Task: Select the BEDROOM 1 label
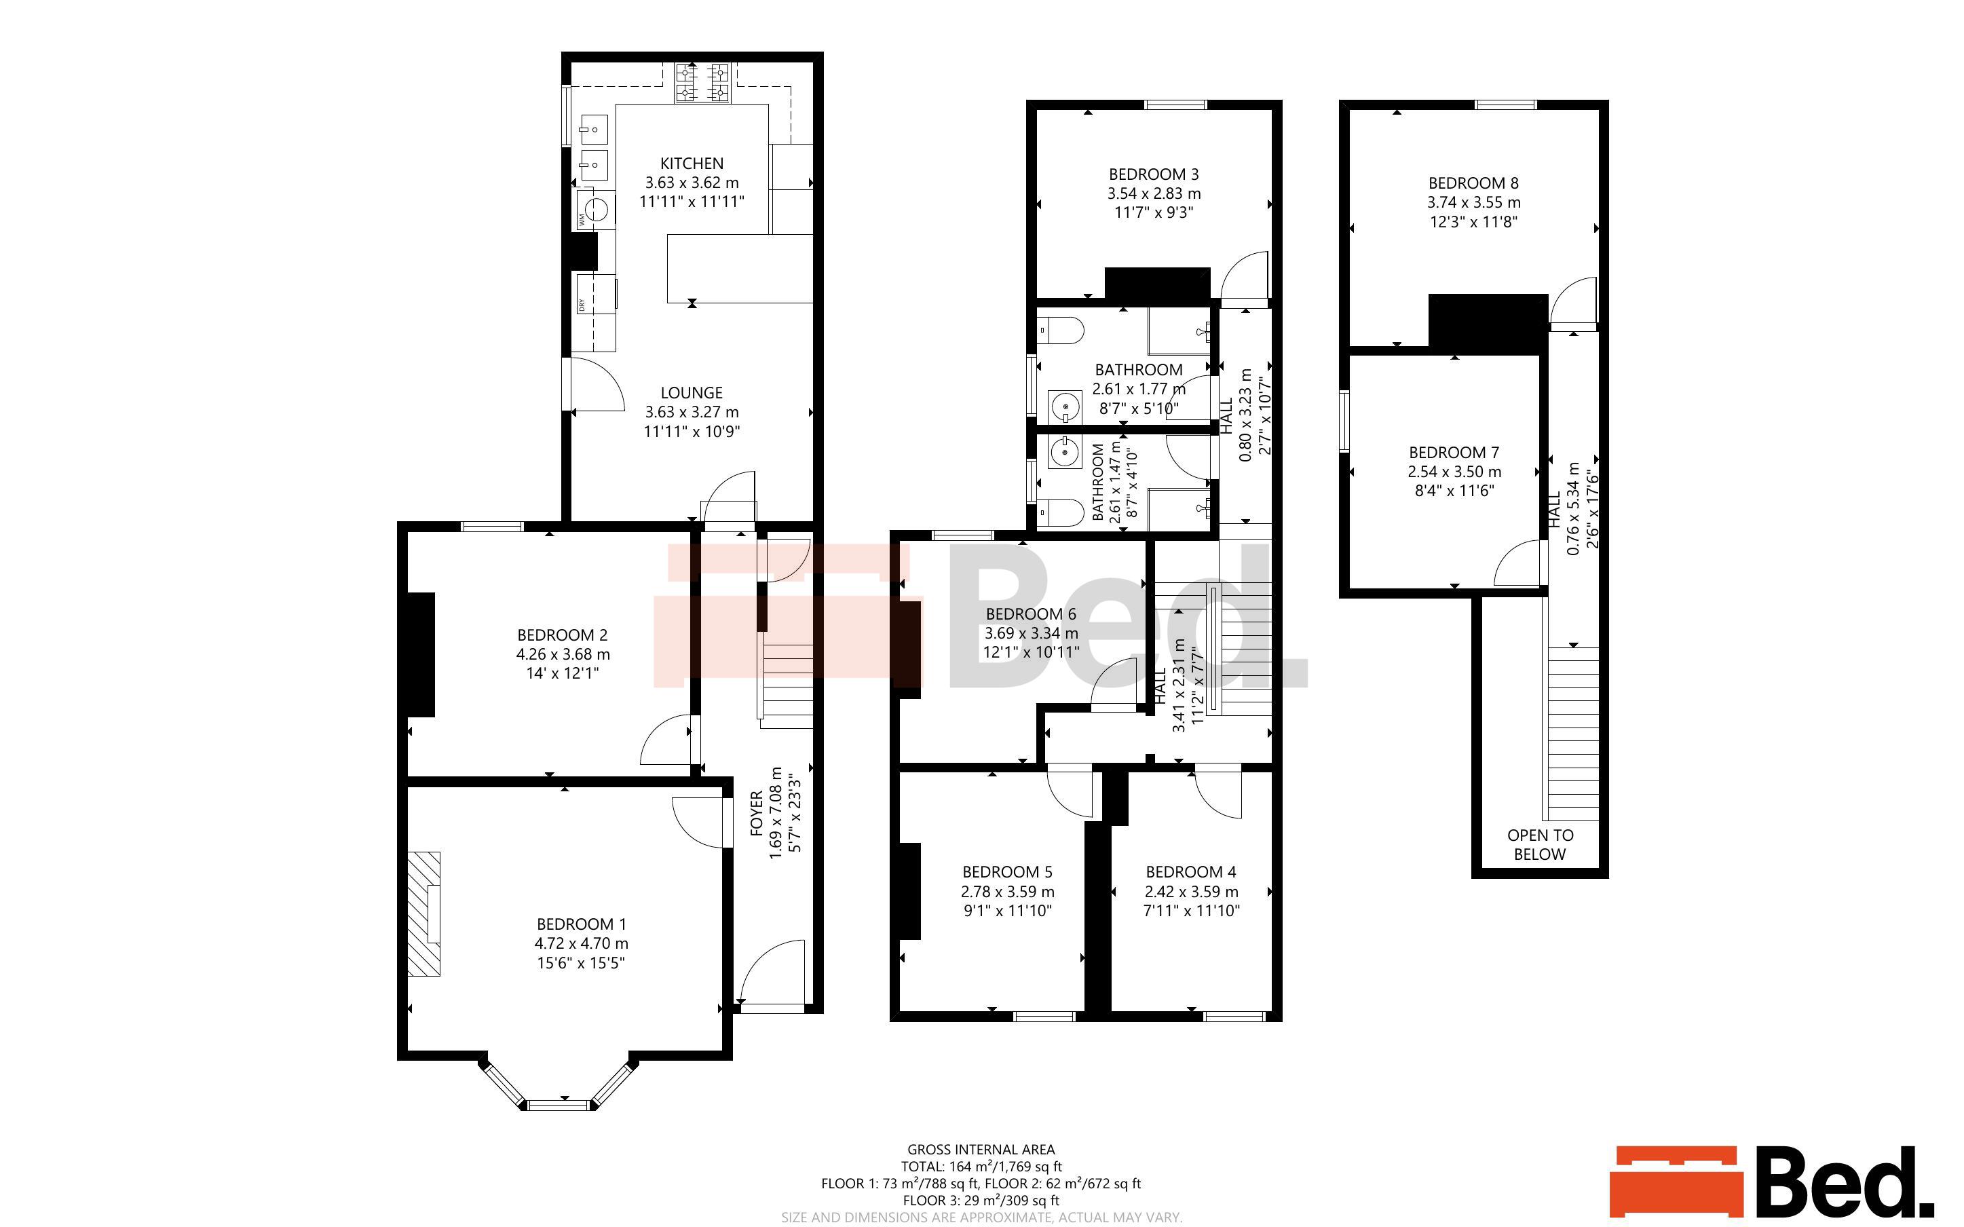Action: coord(581,924)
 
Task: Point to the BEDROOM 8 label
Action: coord(1473,183)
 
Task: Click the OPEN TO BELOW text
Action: coord(1540,845)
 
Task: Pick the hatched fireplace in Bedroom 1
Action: coord(423,913)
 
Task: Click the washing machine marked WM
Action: coord(595,210)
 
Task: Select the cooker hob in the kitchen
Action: coord(702,83)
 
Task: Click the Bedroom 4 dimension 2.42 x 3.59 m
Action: coord(1191,891)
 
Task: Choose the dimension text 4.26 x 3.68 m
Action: coord(563,654)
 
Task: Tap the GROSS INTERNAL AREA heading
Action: coord(981,1149)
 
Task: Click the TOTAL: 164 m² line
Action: coord(981,1166)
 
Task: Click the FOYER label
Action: coord(756,813)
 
